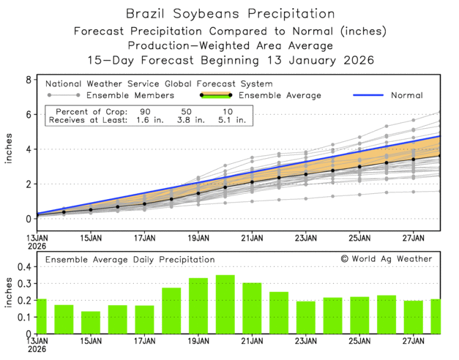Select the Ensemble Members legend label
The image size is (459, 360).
(130, 95)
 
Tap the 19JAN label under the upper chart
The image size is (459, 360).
(198, 238)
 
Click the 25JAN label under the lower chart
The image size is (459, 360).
(359, 340)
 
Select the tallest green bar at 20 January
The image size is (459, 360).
(225, 304)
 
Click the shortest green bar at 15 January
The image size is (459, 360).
(91, 323)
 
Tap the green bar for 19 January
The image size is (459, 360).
(198, 306)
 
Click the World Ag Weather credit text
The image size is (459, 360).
(386, 259)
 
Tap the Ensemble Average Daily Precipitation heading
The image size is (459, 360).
(130, 259)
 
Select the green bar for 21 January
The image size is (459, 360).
(252, 308)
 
